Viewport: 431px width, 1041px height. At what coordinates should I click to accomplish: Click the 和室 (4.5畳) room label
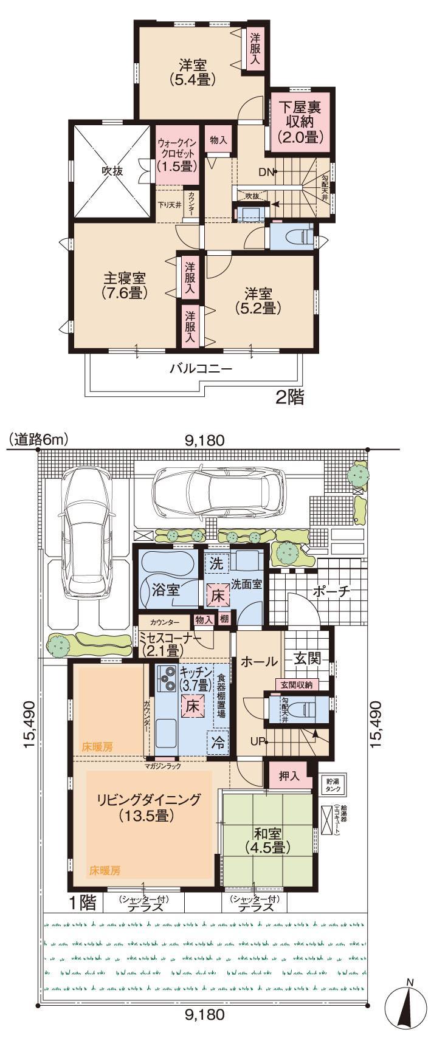pyautogui.click(x=267, y=839)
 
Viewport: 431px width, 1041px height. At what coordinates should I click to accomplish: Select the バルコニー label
pyautogui.click(x=201, y=368)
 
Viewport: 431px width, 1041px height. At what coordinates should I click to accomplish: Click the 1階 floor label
pyautogui.click(x=82, y=902)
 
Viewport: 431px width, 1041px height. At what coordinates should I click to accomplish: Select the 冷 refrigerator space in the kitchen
pyautogui.click(x=216, y=741)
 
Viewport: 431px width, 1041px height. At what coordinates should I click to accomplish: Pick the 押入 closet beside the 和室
pyautogui.click(x=289, y=776)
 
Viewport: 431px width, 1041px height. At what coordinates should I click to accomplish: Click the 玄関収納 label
pyautogui.click(x=296, y=685)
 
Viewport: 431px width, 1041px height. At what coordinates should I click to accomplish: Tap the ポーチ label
pyautogui.click(x=333, y=593)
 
